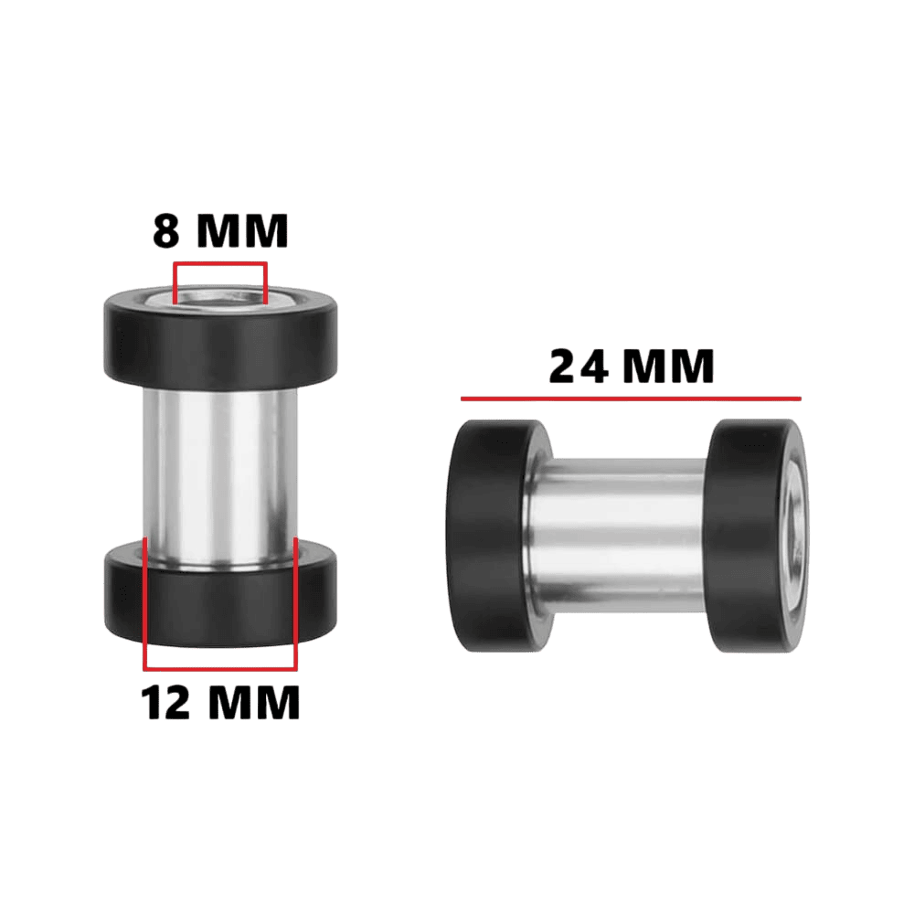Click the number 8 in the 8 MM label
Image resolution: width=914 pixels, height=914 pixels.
point(165,231)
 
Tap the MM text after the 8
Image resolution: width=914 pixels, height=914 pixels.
point(242,231)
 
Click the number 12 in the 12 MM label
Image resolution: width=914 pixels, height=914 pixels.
point(165,702)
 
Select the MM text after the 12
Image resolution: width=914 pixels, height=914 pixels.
point(253,702)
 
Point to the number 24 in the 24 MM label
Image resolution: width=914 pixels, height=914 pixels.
point(579,367)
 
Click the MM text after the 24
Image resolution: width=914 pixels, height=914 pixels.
point(669,367)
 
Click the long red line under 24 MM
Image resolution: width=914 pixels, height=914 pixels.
point(631,399)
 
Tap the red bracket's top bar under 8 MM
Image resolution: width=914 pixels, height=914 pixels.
point(219,264)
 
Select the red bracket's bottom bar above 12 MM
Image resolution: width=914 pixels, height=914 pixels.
point(220,668)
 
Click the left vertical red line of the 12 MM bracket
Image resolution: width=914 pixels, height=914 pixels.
point(145,603)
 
